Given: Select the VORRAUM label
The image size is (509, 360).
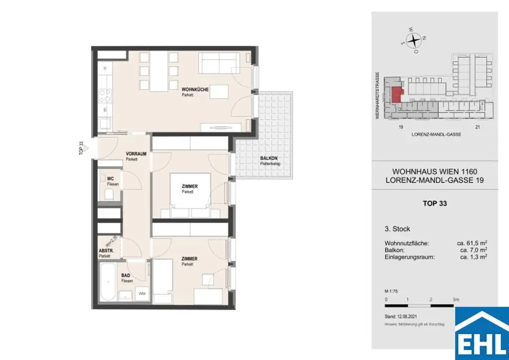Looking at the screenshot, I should click(136, 154).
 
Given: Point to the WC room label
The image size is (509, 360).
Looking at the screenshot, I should click(110, 179).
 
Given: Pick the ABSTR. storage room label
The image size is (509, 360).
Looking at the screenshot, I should click(107, 251).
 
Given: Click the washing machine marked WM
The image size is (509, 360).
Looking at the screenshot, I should click(141, 293).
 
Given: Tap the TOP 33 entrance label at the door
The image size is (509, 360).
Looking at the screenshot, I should click(81, 149).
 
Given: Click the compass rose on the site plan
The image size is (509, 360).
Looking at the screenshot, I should click(414, 40).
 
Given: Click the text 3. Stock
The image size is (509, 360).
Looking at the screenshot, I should click(398, 229).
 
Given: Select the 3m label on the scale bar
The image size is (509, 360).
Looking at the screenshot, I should click(456, 300).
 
